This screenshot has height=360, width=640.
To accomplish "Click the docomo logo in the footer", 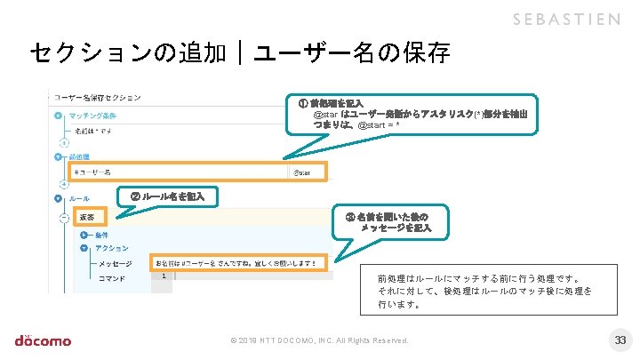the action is (43, 339).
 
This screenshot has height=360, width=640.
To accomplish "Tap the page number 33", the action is (620, 340).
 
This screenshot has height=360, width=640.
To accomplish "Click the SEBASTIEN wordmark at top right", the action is (566, 20).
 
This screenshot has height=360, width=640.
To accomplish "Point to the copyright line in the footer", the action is (319, 340).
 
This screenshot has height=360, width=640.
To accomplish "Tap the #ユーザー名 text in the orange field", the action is (93, 172).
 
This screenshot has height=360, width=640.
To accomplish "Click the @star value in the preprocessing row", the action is (302, 172).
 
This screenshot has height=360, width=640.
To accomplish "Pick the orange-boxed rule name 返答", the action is (89, 216).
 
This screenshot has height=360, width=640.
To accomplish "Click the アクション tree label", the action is (111, 248).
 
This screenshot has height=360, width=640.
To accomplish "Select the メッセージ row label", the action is (115, 263).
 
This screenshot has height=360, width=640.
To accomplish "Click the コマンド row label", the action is (112, 277).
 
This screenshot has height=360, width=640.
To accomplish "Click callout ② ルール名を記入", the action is (168, 196).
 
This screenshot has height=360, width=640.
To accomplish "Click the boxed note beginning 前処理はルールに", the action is (484, 290).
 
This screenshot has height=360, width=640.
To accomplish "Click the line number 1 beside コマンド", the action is (164, 276).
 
